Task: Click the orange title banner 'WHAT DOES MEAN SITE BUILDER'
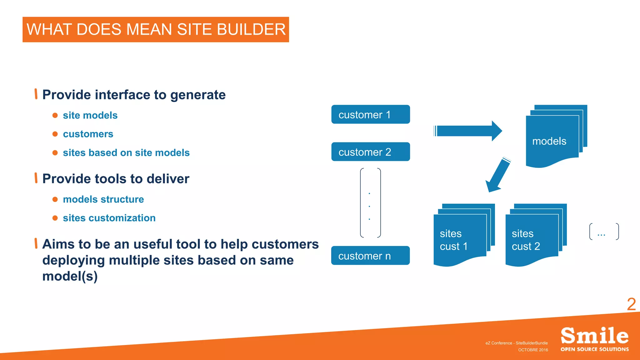[156, 29]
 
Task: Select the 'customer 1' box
[371, 114]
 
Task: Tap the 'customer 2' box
[371, 152]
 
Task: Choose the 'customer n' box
[370, 256]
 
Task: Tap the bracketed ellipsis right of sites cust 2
[603, 232]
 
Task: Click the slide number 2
[631, 304]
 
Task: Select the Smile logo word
[594, 336]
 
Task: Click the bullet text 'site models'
[90, 115]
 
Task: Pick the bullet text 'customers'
[88, 134]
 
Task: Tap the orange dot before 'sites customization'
[55, 218]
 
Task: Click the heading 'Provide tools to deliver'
[116, 179]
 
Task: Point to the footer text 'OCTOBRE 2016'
[533, 350]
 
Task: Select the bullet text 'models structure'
[103, 199]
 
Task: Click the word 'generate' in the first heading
[198, 95]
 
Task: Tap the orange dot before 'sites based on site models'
[55, 153]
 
